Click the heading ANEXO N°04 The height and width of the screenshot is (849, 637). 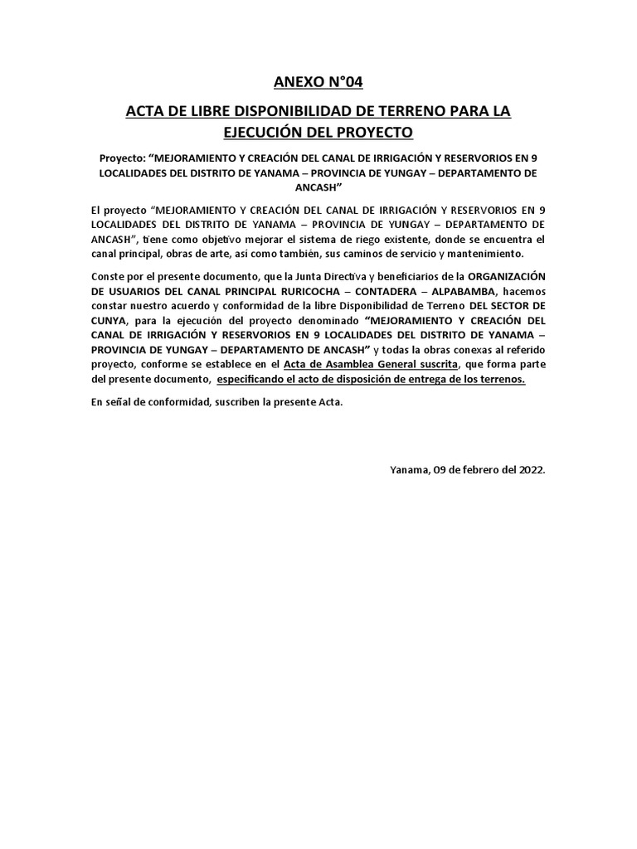[x=318, y=81]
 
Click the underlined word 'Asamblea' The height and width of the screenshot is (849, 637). [x=353, y=364]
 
